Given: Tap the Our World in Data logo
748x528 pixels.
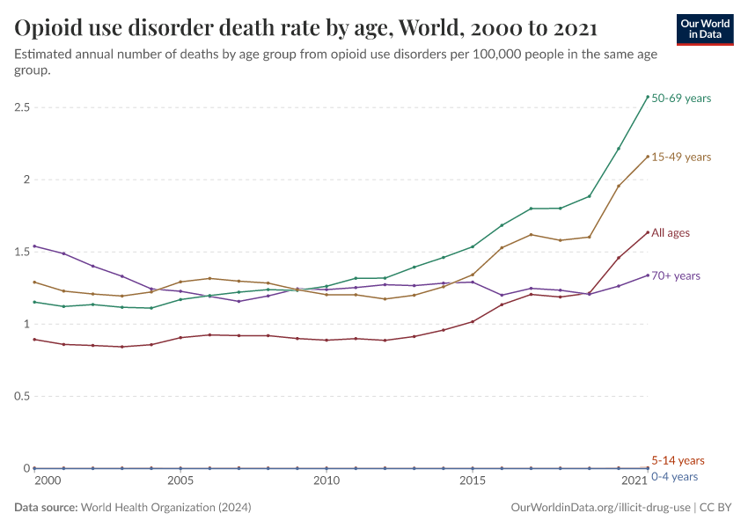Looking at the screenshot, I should coord(704,29).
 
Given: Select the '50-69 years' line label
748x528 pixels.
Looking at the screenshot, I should coord(681,99).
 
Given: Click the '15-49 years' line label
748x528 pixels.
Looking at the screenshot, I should coord(681,157).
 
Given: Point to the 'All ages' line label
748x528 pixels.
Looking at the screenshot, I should coord(671,233).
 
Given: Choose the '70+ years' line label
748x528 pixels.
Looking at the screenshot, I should coord(676,276).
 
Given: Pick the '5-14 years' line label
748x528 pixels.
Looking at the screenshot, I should coord(678,460).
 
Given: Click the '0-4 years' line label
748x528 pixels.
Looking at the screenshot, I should coord(674,477).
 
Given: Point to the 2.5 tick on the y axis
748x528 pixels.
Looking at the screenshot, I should coord(22,107).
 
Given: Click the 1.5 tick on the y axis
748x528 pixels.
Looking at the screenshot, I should coord(22,252).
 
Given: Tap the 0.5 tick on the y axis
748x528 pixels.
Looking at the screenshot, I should coord(22,396).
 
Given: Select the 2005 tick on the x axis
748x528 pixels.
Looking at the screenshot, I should coord(180,481).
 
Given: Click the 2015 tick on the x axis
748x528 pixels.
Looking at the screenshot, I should coord(473,481).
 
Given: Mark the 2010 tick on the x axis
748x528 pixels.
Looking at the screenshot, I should coord(326,481).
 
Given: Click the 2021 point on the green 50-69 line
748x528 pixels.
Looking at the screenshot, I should coord(648,97).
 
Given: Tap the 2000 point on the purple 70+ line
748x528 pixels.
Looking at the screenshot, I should coord(34,246).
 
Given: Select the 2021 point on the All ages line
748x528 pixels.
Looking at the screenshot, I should coord(648,232).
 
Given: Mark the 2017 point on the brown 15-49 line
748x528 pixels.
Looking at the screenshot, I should coord(531,235).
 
